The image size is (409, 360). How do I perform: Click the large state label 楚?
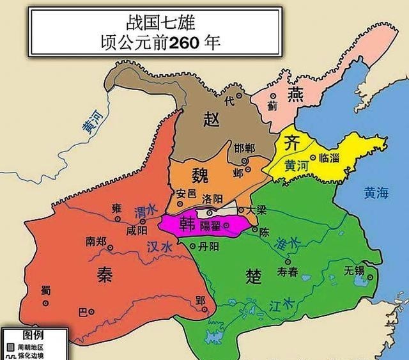click(254, 276)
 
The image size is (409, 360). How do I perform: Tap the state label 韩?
click(188, 224)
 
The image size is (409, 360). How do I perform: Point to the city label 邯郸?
click(244, 148)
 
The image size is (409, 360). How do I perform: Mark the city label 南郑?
click(96, 242)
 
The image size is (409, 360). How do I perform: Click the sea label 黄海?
click(375, 192)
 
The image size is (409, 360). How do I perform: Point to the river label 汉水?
click(159, 246)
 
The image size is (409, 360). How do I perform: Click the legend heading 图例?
click(33, 334)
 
